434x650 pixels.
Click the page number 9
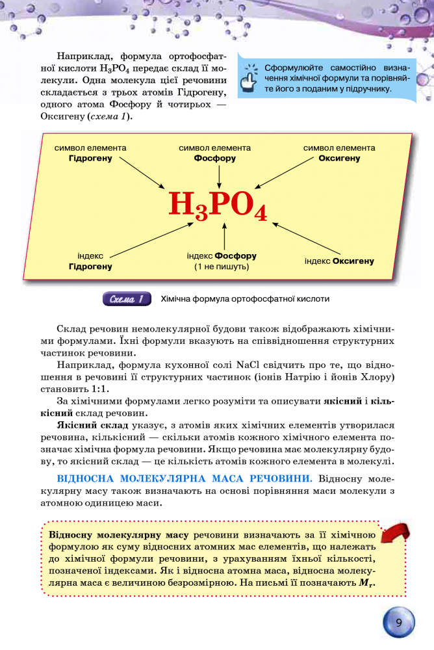tap(399, 623)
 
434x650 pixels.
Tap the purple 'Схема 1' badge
tap(127, 299)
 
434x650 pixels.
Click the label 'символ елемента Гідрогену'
tap(90, 153)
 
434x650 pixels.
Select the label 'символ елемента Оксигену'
tap(339, 153)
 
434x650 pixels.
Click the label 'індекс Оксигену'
tap(339, 261)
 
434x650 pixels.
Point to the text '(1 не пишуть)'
tap(222, 266)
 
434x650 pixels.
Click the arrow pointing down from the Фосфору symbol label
tap(219, 174)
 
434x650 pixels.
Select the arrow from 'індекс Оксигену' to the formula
tap(305, 239)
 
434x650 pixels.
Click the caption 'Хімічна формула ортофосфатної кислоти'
tap(245, 299)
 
